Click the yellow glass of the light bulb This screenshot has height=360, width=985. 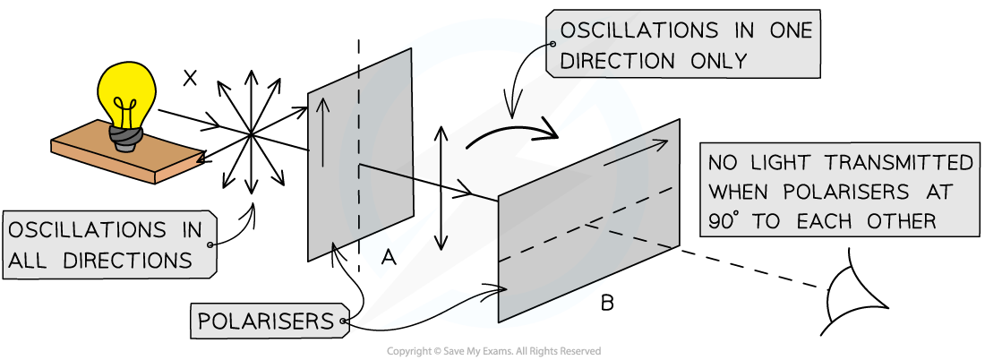(x=126, y=90)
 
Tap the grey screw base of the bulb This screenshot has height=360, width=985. (x=125, y=136)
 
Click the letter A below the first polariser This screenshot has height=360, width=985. (x=388, y=258)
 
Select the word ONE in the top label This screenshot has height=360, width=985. (x=788, y=30)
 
